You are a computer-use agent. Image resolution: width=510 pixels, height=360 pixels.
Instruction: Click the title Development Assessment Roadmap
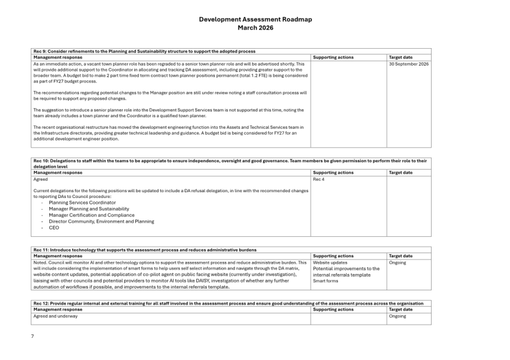(x=255, y=19)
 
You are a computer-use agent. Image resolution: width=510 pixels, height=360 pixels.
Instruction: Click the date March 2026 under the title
(x=255, y=27)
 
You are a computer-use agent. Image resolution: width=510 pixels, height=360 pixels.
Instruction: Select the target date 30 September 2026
(x=409, y=64)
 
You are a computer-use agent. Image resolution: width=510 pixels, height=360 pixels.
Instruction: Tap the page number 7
(x=33, y=336)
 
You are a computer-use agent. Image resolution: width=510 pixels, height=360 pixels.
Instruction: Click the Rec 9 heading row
(x=144, y=51)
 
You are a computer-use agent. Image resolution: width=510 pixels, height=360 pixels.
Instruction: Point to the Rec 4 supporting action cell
(x=318, y=179)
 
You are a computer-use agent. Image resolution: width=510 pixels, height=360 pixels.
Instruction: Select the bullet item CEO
(x=54, y=228)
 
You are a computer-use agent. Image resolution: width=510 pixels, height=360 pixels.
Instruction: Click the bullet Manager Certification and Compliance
(x=92, y=215)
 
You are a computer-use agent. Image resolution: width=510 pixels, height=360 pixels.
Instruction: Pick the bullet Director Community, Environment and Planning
(x=101, y=221)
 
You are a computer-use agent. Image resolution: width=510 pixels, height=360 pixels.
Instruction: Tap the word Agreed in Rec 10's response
(x=41, y=179)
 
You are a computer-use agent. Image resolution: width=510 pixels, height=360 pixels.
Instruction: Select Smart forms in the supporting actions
(x=325, y=281)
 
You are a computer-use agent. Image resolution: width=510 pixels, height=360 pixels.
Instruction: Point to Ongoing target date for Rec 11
(x=397, y=262)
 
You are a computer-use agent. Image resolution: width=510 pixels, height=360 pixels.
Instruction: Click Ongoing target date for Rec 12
(x=397, y=316)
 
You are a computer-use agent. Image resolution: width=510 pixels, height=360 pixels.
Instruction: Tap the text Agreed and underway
(x=55, y=316)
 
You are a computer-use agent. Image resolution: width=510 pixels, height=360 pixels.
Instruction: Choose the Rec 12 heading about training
(x=228, y=303)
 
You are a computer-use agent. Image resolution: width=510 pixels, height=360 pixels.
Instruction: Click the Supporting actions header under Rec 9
(x=333, y=57)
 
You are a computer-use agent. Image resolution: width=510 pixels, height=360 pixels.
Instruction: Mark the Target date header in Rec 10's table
(x=400, y=172)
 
